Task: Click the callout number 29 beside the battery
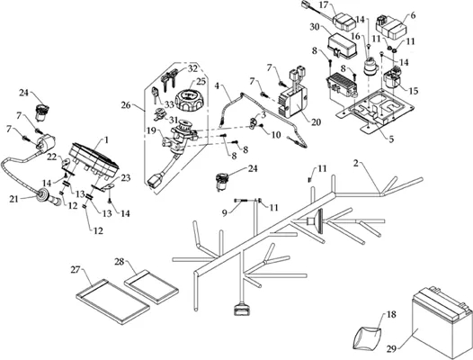[391, 349]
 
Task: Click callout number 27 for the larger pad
[76, 269]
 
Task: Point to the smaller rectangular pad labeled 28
[151, 286]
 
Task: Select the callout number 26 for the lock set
[126, 105]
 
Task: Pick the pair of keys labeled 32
[168, 79]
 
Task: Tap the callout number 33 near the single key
[170, 104]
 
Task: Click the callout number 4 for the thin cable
[218, 85]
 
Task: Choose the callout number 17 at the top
[323, 5]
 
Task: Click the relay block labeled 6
[391, 26]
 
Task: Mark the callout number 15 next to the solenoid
[414, 90]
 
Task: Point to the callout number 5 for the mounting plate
[391, 139]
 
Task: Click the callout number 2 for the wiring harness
[356, 164]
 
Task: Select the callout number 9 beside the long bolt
[225, 213]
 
